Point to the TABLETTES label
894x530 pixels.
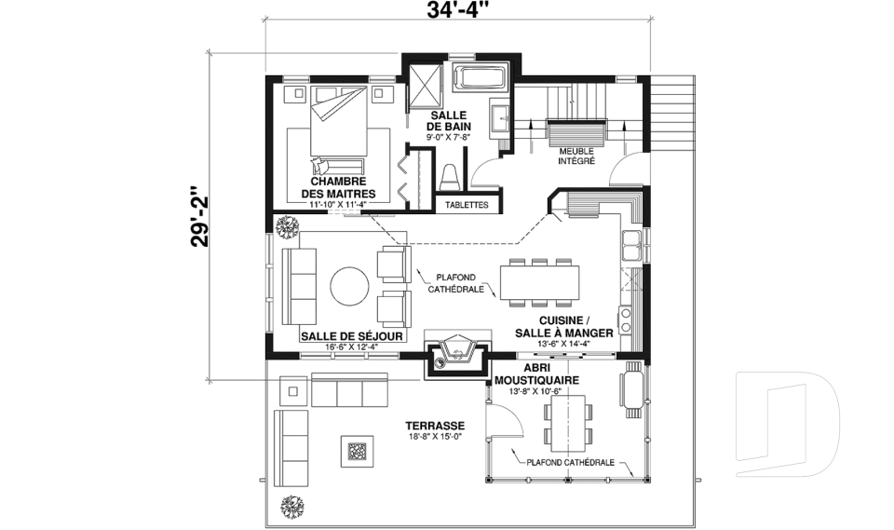pyautogui.click(x=467, y=204)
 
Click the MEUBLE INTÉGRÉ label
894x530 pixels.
pyautogui.click(x=577, y=156)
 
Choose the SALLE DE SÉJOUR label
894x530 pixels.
pyautogui.click(x=344, y=336)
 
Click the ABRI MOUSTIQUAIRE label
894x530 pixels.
pyautogui.click(x=537, y=374)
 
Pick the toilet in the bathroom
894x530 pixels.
pyautogui.click(x=450, y=177)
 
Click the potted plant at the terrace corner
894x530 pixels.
pyautogui.click(x=292, y=507)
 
